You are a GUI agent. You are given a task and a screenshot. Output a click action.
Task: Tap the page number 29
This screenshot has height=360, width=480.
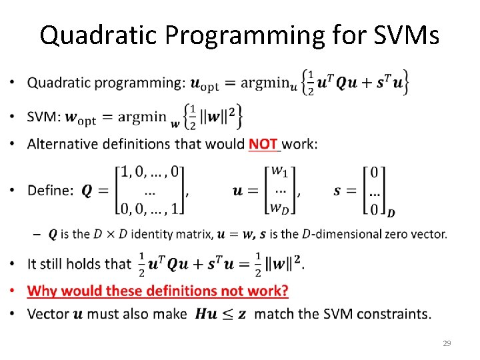click(447, 343)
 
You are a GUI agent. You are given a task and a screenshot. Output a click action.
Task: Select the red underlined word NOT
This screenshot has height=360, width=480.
click(263, 143)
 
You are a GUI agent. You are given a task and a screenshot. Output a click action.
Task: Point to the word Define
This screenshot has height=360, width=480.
click(51, 191)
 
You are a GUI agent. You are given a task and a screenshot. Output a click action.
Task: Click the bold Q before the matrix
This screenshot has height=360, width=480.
click(87, 191)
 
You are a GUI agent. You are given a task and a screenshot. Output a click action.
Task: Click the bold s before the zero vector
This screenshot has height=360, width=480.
click(337, 191)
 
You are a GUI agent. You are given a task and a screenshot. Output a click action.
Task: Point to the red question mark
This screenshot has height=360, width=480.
click(285, 291)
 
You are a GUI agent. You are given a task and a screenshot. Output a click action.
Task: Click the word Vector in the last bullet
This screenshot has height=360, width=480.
click(47, 313)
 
